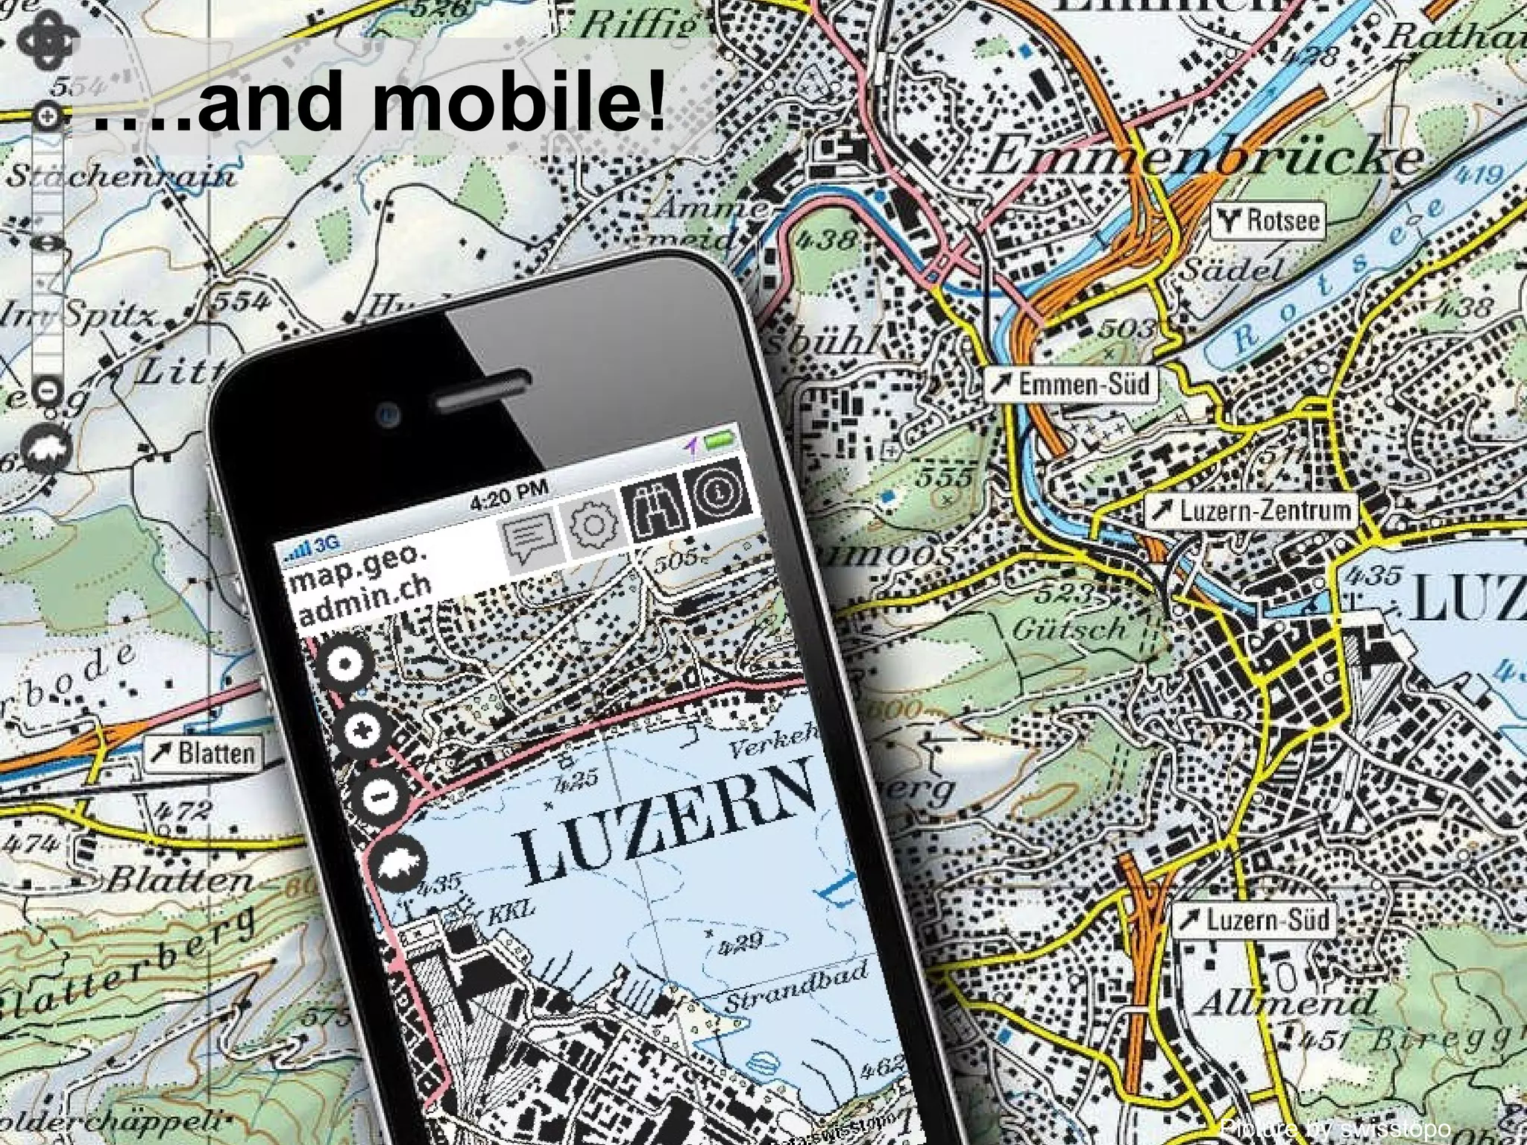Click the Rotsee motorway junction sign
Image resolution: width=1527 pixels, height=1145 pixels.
click(1267, 220)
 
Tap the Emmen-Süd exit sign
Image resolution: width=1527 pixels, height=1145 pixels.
click(1071, 384)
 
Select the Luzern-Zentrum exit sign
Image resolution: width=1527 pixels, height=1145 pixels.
click(1251, 511)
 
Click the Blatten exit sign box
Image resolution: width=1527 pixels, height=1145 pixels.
click(203, 753)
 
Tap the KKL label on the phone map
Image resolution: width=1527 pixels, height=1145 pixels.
click(511, 910)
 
